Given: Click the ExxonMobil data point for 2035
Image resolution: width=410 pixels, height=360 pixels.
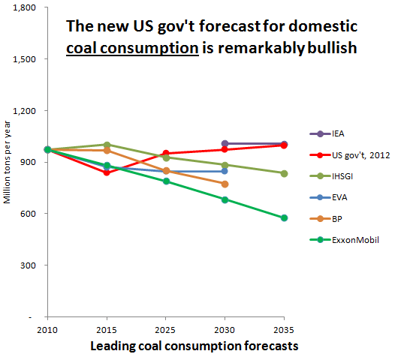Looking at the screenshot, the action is (x=284, y=218).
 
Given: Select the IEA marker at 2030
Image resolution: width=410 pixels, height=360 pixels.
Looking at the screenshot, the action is (x=225, y=143).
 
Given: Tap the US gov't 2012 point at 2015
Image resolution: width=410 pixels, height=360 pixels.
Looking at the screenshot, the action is (x=107, y=172).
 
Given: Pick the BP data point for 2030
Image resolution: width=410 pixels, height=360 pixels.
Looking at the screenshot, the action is (x=225, y=184).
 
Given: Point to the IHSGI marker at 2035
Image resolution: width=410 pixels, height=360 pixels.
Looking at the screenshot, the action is (x=284, y=173).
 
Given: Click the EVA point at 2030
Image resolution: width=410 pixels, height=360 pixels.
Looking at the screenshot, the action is (x=225, y=171).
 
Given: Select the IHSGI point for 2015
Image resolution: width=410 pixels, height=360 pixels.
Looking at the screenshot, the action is (x=107, y=145).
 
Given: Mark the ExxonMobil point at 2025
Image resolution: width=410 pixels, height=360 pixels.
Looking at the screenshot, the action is (x=166, y=181).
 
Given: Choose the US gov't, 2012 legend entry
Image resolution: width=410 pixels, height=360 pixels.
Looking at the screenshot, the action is (x=350, y=155).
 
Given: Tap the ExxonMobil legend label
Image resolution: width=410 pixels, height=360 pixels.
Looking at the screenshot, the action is (x=355, y=240).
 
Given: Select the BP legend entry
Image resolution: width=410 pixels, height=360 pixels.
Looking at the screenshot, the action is (x=326, y=219).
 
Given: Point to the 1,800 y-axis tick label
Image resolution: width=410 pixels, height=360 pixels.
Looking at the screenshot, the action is (x=24, y=7).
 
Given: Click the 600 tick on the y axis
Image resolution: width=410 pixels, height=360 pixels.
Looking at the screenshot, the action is (x=28, y=214).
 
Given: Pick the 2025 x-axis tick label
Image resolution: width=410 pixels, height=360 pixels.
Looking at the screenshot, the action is (x=165, y=330).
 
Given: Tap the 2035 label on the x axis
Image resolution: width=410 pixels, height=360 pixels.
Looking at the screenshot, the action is (x=284, y=330).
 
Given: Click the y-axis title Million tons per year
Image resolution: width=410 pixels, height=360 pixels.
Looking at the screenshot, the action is (x=7, y=162).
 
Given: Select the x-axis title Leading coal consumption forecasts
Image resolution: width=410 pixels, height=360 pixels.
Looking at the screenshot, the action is (x=194, y=346).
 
